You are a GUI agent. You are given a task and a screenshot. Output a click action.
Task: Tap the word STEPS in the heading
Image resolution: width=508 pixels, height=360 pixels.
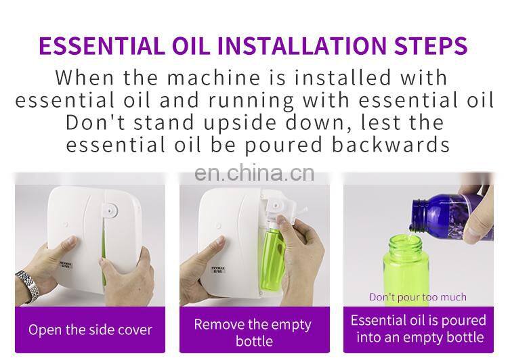click(431, 45)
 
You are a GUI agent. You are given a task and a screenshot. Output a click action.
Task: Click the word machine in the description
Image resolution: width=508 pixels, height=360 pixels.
click(213, 78)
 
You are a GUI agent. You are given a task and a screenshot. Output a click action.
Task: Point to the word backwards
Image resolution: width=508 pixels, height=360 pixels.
click(391, 144)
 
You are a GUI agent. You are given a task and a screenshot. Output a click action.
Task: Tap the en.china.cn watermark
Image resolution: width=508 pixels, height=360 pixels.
click(254, 173)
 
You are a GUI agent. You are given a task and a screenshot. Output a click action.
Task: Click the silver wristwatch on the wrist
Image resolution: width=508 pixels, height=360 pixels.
click(27, 286)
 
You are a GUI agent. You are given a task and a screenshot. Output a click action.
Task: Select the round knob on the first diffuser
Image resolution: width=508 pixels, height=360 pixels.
click(112, 209)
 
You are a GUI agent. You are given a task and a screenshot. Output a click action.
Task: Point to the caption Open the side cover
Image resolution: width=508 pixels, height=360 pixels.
click(90, 330)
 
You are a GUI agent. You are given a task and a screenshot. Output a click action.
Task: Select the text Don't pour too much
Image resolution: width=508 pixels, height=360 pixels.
click(418, 297)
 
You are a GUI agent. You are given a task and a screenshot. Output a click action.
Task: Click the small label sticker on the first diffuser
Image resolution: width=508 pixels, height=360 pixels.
click(66, 266)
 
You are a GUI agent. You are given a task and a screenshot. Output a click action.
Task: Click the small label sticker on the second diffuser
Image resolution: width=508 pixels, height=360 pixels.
click(218, 270)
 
